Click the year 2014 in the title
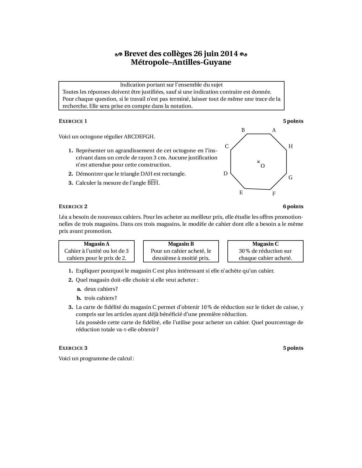(x=229, y=54)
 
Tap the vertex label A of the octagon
(x=274, y=130)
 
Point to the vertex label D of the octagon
(x=225, y=174)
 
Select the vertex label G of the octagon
(x=290, y=178)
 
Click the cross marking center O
(x=258, y=162)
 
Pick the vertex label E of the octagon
(x=241, y=193)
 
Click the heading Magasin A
(x=97, y=244)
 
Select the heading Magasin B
(x=181, y=244)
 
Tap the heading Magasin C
(x=265, y=244)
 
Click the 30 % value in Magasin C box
(x=244, y=251)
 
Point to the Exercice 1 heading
(x=73, y=121)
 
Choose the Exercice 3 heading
(x=73, y=348)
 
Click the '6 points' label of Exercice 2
(x=293, y=206)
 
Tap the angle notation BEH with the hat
(x=153, y=183)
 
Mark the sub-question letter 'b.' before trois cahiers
(x=79, y=298)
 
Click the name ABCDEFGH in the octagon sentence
(x=139, y=137)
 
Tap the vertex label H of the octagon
(x=290, y=146)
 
